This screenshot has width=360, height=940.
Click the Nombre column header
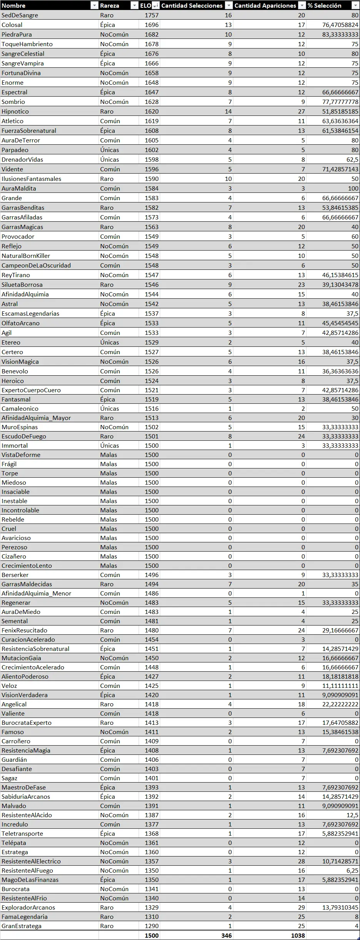pyautogui.click(x=14, y=5)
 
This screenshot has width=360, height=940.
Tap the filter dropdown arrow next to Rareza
pyautogui.click(x=134, y=5)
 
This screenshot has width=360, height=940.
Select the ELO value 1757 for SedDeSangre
pyautogui.click(x=152, y=15)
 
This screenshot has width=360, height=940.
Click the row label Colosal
pyautogui.click(x=12, y=25)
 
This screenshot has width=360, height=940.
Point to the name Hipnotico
pyautogui.click(x=15, y=112)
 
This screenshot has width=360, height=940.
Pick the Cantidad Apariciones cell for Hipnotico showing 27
pyautogui.click(x=301, y=112)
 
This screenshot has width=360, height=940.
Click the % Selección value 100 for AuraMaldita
pyautogui.click(x=353, y=189)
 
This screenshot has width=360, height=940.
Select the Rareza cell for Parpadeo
pyautogui.click(x=110, y=150)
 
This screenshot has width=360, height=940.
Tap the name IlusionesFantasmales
pyautogui.click(x=31, y=179)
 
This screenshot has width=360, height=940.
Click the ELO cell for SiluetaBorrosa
pyautogui.click(x=152, y=285)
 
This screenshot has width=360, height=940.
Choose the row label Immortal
pyautogui.click(x=15, y=446)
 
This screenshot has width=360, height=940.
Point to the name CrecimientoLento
pyautogui.click(x=27, y=566)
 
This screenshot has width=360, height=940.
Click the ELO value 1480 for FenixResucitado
pyautogui.click(x=152, y=631)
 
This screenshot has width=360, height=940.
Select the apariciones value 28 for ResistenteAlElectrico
pyautogui.click(x=301, y=861)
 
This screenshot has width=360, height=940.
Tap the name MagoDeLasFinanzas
pyautogui.click(x=30, y=880)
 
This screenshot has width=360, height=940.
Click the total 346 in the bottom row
pyautogui.click(x=226, y=936)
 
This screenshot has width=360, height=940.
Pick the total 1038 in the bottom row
pyautogui.click(x=298, y=936)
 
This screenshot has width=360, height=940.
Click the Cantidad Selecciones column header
pyautogui.click(x=192, y=5)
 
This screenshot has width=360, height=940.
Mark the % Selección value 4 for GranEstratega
pyautogui.click(x=357, y=926)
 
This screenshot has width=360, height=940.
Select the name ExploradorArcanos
pyautogui.click(x=28, y=908)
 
